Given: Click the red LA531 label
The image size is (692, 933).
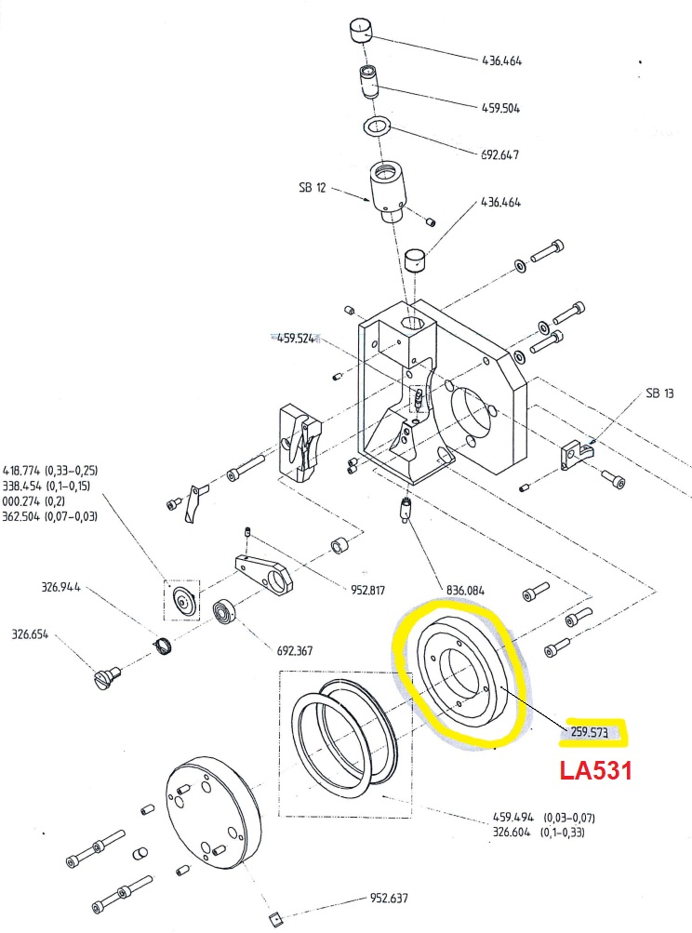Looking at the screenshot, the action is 595,770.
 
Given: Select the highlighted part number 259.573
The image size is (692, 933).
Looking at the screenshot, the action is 589,732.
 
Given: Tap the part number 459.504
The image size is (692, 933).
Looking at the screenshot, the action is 500,108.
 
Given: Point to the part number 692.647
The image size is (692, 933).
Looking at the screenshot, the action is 499,154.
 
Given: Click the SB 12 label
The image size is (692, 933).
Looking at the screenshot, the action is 313,187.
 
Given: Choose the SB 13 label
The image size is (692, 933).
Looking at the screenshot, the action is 659,393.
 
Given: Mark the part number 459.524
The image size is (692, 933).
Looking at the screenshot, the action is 296,339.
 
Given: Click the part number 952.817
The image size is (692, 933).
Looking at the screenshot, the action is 367,591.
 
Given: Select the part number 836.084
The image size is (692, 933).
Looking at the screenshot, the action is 465,591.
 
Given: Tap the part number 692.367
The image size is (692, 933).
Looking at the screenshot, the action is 295,650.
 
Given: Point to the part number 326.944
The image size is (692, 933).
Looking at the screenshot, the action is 60,587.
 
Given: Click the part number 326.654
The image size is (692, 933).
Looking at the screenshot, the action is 31,633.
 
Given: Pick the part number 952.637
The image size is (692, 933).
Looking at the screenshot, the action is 389,898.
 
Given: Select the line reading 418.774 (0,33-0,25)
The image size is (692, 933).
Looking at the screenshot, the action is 50,470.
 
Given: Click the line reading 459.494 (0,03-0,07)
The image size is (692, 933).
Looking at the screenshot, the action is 544,818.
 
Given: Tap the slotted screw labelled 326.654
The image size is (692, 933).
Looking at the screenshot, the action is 107,677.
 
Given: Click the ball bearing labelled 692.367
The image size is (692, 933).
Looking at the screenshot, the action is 224,613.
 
